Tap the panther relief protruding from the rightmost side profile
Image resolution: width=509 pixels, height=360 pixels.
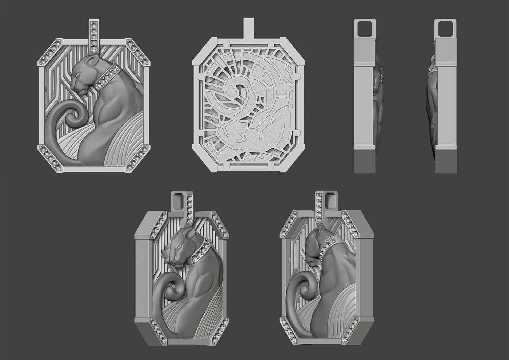431,109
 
